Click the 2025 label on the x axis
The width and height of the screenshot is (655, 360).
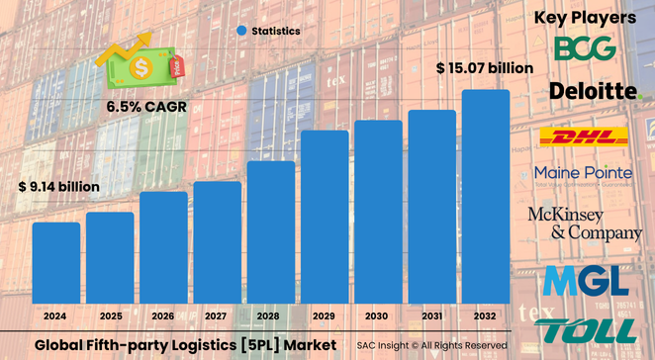point(110,316)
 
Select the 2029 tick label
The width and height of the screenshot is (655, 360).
point(325,316)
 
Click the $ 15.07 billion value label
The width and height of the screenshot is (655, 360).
point(485,68)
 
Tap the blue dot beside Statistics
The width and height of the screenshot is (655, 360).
point(240,31)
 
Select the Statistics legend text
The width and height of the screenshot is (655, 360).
point(275,31)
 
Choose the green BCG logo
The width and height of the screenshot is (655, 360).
point(585,48)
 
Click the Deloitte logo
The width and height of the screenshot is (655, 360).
point(595,92)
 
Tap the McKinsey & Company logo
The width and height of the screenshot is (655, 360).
point(585,224)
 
